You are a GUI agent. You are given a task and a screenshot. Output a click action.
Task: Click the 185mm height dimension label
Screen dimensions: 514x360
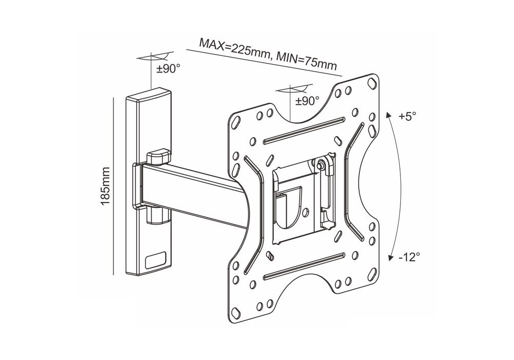(x=105, y=186)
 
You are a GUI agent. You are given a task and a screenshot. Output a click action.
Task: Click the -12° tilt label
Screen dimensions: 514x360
(x=409, y=257)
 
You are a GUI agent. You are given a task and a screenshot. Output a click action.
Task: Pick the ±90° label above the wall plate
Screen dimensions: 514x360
(x=168, y=69)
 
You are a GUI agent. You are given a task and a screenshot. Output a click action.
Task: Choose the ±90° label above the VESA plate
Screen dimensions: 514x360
(x=307, y=101)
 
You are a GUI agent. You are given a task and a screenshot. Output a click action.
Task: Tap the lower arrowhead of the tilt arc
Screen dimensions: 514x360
(x=391, y=258)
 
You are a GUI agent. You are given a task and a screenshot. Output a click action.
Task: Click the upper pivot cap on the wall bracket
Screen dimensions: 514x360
(x=159, y=156)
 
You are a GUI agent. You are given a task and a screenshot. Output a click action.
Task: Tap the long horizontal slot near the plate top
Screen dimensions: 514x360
(x=304, y=130)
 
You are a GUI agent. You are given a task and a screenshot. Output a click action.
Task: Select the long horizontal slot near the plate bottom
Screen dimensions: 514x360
(x=304, y=265)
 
